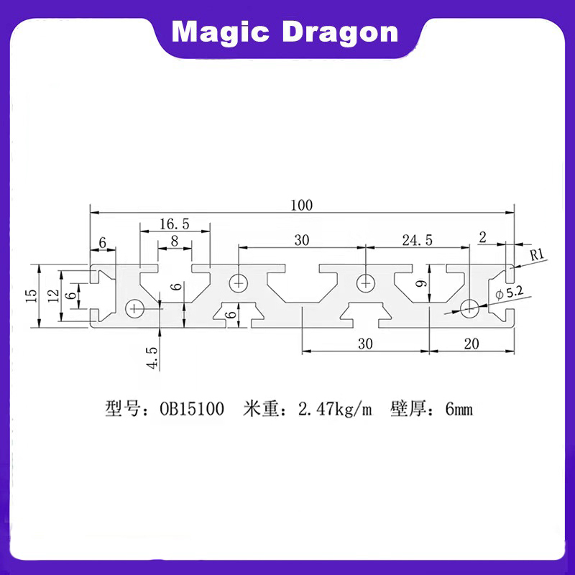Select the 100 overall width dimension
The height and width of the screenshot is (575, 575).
pos(302,205)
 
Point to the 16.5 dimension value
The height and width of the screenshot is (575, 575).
pos(175,224)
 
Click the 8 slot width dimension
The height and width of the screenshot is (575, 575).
pos(175,241)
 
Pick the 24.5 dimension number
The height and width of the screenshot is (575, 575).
pos(417,241)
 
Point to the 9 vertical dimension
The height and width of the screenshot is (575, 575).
pos(423,285)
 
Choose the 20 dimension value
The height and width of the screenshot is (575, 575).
pos(471,344)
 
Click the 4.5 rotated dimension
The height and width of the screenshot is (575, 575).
pos(152,356)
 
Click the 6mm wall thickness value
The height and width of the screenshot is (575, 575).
pos(459,410)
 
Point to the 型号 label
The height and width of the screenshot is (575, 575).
pos(120,410)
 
